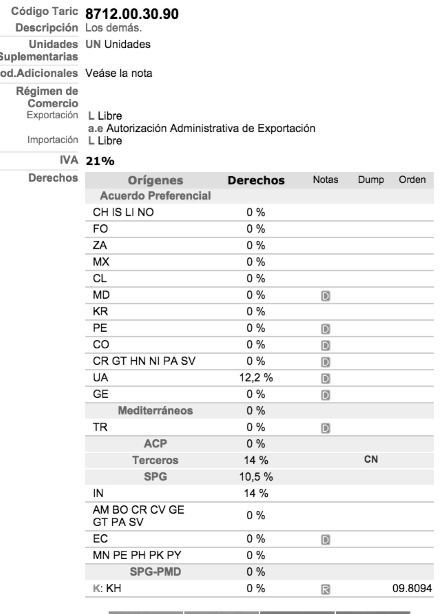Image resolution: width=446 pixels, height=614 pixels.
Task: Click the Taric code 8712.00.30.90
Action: click(x=132, y=14)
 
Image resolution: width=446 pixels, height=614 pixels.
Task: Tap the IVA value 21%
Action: click(x=100, y=161)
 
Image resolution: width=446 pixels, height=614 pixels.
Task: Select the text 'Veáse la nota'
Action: click(x=119, y=73)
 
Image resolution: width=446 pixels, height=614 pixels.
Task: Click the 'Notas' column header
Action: click(x=325, y=180)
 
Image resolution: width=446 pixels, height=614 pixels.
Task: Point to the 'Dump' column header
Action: click(x=371, y=180)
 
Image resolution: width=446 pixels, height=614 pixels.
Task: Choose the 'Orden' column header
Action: click(x=412, y=180)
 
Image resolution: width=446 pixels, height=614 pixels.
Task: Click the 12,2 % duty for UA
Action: click(x=256, y=378)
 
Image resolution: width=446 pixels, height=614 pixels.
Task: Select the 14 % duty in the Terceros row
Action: click(x=256, y=460)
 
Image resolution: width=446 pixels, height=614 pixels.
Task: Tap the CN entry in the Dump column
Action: click(x=371, y=459)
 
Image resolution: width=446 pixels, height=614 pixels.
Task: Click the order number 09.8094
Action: click(x=412, y=588)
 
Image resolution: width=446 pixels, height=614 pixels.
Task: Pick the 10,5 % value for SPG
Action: click(x=256, y=477)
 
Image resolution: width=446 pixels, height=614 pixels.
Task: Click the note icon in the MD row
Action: click(x=325, y=296)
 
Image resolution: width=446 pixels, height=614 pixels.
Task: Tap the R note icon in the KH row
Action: click(x=325, y=590)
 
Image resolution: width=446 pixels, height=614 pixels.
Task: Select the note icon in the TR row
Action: click(x=325, y=428)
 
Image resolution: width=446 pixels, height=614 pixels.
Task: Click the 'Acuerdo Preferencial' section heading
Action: click(x=155, y=196)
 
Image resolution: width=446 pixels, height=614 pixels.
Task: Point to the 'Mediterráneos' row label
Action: click(x=155, y=411)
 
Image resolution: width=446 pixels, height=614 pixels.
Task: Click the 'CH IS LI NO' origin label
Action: click(x=123, y=212)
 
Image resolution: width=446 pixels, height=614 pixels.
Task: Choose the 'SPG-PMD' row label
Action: click(x=155, y=572)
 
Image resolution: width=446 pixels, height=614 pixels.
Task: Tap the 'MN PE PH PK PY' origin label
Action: click(x=137, y=555)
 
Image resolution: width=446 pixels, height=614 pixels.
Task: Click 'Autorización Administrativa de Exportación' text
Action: click(x=211, y=128)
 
